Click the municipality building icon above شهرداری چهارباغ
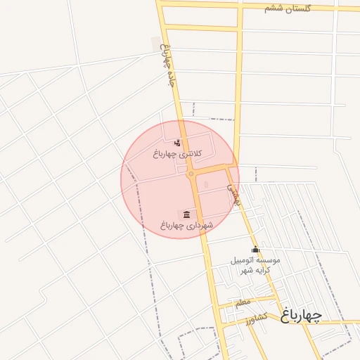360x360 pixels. [x=186, y=214]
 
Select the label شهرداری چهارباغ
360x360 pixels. [x=186, y=225]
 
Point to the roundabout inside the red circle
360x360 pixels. [x=191, y=174]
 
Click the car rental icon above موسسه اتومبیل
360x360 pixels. [x=255, y=250]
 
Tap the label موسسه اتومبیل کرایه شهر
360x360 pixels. [x=256, y=265]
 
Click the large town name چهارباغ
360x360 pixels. [x=301, y=315]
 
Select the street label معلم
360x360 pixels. [x=243, y=302]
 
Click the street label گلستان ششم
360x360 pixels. [x=288, y=8]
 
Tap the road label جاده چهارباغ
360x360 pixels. [x=167, y=65]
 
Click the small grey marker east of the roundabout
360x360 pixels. [x=206, y=184]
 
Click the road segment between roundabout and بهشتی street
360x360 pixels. [x=211, y=169]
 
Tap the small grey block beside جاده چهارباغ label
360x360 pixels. [x=155, y=44]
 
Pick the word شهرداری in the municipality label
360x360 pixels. [x=198, y=225]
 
